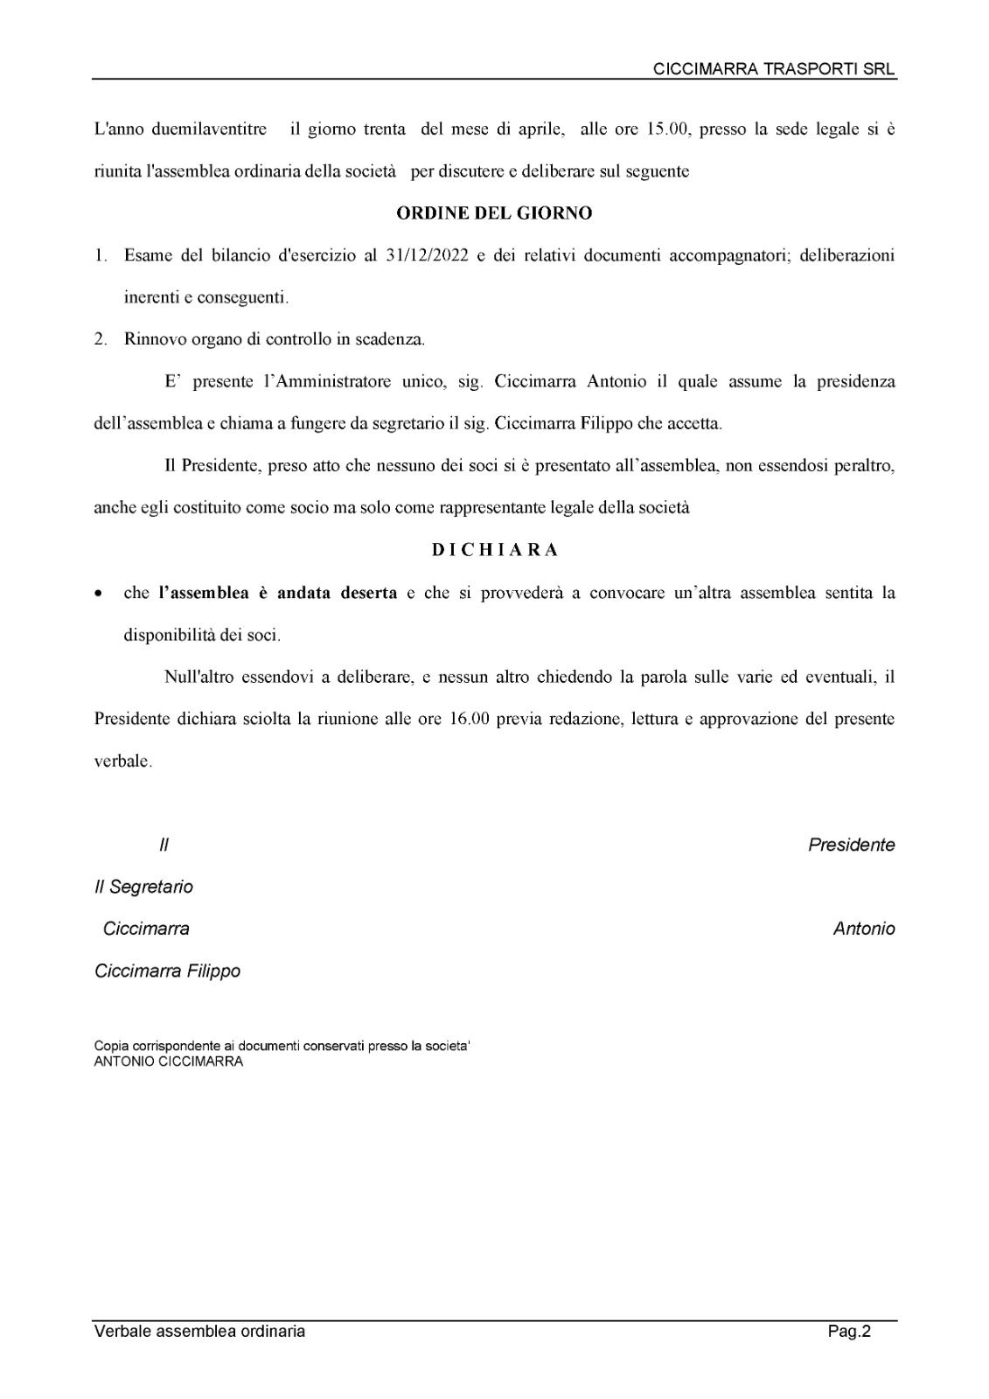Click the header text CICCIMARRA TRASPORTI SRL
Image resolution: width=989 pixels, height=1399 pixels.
pos(775,70)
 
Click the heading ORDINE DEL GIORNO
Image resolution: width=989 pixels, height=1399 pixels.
pos(494,213)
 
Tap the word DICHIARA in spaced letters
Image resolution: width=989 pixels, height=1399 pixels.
pos(495,550)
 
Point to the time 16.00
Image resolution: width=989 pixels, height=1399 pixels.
pos(468,720)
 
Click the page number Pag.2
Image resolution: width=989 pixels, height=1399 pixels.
pos(850,1332)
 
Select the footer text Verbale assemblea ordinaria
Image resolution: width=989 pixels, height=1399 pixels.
pos(199,1332)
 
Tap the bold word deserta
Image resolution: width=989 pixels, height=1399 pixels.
pos(363,593)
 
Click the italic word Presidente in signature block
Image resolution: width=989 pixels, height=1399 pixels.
pos(851,846)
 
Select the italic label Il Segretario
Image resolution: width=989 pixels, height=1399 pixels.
pos(143,887)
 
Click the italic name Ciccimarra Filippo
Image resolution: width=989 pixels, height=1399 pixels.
pos(167,971)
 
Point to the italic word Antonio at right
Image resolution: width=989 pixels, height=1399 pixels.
pos(863,929)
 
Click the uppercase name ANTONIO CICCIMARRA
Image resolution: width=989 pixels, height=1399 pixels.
pos(168,1061)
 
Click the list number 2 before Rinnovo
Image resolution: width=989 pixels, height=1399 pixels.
pos(101,339)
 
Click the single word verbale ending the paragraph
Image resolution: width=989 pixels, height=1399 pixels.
pos(122,762)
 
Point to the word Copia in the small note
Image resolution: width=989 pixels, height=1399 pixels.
pos(109,1047)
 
